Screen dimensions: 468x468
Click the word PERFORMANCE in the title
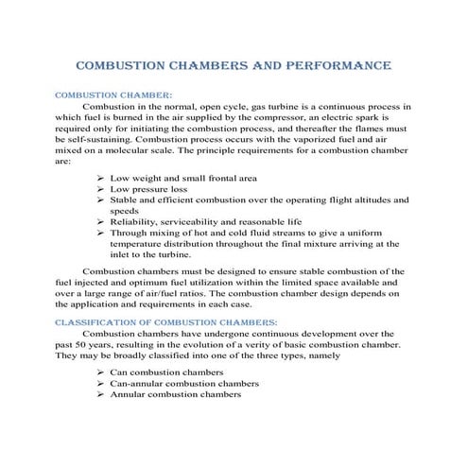pos(333,67)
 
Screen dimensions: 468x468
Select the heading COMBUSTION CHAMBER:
pos(114,95)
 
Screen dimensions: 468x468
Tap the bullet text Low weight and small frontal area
pos(184,178)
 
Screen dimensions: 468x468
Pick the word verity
pos(272,345)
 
